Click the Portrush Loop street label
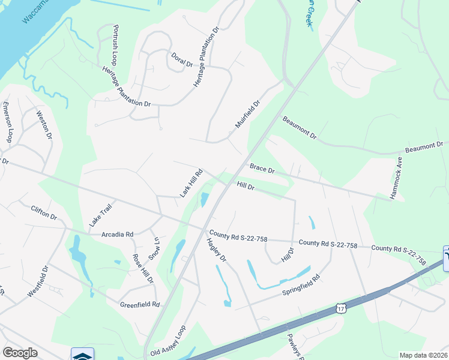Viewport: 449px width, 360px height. tap(115, 46)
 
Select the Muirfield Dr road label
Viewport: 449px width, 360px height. tap(247, 114)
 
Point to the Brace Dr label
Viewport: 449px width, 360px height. tap(262, 169)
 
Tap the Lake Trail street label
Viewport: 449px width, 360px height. tap(101, 214)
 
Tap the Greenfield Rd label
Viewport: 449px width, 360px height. tap(139, 304)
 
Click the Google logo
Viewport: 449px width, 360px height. tap(20, 353)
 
